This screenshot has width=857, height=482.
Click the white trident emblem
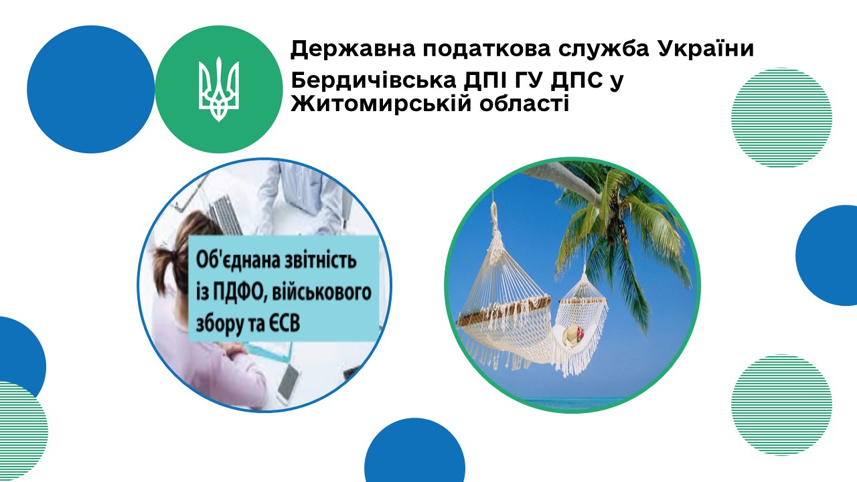coord(219,89)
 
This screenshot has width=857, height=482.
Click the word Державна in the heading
coord(352,50)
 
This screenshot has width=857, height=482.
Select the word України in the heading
coord(706,48)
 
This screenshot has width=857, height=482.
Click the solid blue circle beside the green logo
coord(90,89)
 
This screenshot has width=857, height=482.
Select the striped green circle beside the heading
coord(781,117)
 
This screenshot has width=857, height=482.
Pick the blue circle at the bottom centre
coord(414,451)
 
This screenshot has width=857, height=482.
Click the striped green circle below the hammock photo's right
coord(781,405)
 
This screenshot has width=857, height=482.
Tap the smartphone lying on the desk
coord(288,381)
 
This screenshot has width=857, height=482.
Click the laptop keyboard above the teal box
coord(226,214)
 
